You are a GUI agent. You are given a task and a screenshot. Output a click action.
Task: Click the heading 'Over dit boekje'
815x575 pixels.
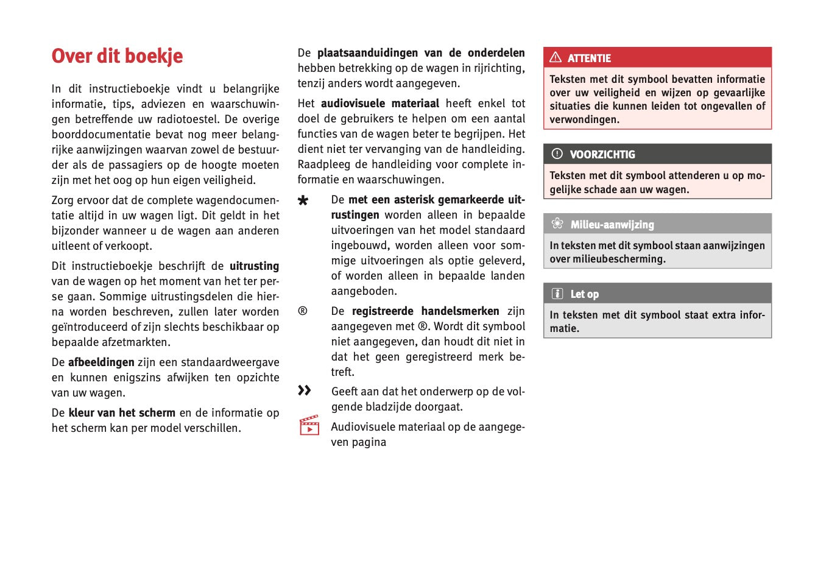(x=117, y=56)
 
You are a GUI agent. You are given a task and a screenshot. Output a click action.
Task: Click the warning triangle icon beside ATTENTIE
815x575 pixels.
(x=556, y=57)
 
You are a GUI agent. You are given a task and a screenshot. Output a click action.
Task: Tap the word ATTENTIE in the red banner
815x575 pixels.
(x=589, y=58)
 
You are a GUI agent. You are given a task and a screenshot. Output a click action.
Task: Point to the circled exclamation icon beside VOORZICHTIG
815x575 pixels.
(x=557, y=153)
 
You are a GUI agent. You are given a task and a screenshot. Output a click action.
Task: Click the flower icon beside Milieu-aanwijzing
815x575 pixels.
(x=557, y=224)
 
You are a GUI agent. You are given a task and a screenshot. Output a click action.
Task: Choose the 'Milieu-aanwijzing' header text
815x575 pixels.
(x=612, y=225)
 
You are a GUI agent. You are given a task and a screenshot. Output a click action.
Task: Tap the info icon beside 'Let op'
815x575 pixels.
(x=557, y=294)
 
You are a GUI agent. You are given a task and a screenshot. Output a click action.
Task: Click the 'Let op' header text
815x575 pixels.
(x=585, y=294)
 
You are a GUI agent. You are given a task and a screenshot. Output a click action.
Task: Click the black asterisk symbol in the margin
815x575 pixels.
(x=303, y=200)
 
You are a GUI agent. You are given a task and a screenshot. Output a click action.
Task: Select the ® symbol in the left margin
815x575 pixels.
(x=303, y=311)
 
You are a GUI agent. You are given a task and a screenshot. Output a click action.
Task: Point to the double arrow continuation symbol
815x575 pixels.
(x=305, y=390)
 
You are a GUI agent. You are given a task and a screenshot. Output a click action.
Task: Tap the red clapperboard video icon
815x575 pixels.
(x=309, y=425)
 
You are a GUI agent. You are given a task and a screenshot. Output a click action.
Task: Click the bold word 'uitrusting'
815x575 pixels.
(x=254, y=266)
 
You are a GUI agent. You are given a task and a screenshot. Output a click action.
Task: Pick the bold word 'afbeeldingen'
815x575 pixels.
(x=101, y=362)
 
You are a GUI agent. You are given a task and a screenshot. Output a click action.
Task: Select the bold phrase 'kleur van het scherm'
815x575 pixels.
(x=122, y=413)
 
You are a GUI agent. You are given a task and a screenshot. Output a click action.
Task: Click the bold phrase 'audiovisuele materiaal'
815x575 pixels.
(x=380, y=104)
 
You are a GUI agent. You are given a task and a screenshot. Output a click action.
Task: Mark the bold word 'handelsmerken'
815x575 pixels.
(x=460, y=311)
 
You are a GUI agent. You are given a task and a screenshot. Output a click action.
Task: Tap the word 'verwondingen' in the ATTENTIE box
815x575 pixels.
(x=583, y=120)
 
